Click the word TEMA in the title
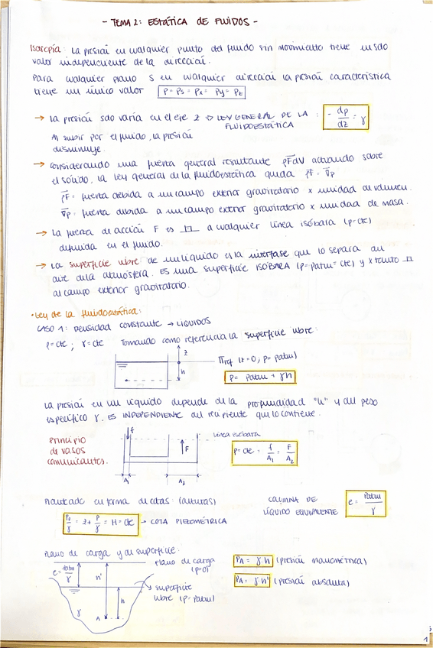(x=121, y=23)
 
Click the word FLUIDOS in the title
(x=235, y=21)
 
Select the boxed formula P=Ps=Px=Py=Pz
(x=201, y=92)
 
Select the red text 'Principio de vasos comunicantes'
(x=75, y=451)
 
